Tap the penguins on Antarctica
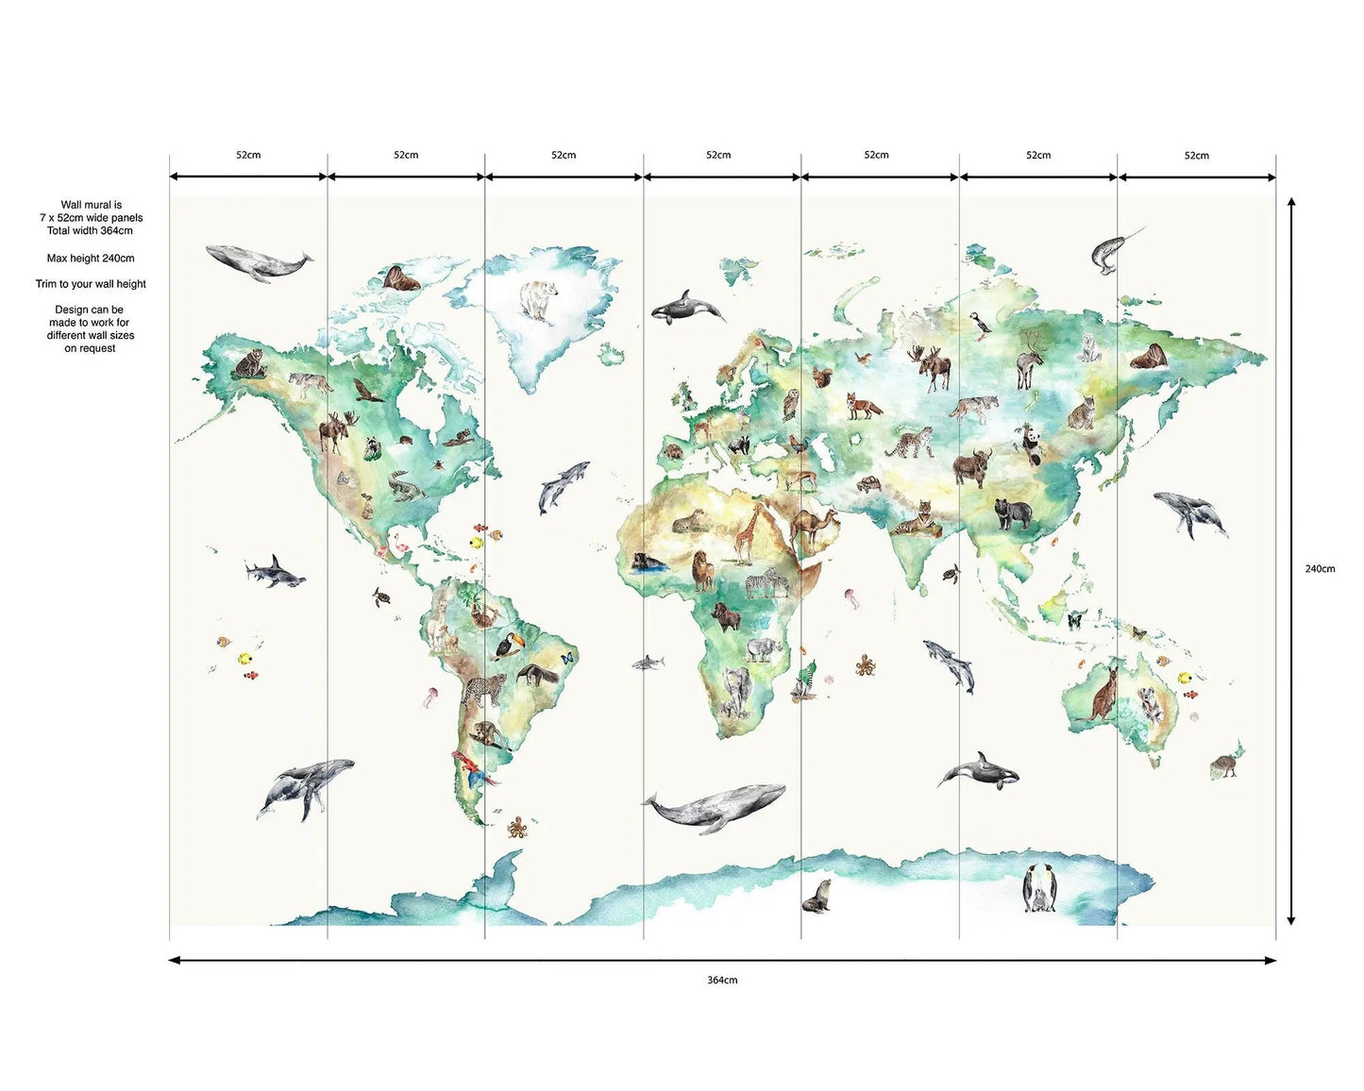coord(1039,889)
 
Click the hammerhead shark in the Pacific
coord(274,572)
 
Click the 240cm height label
coord(1320,569)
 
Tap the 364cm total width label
coord(722,981)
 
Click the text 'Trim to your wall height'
coord(91,284)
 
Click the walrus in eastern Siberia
coord(1149,356)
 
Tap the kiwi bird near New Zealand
coord(1225,764)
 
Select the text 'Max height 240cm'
coord(91,259)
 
